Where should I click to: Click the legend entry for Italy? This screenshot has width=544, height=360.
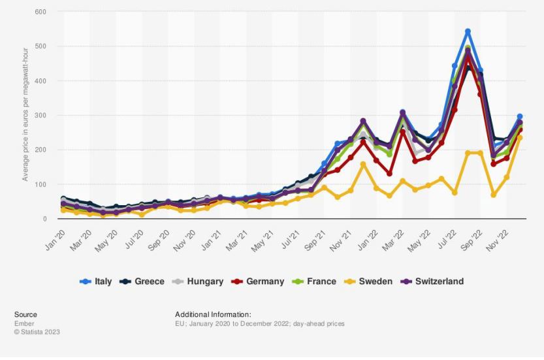(x=95, y=282)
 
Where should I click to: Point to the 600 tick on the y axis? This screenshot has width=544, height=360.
(x=40, y=12)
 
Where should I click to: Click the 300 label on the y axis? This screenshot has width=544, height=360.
(x=40, y=116)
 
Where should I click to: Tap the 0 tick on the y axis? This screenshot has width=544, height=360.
(x=44, y=219)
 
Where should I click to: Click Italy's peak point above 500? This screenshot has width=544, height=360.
(x=468, y=31)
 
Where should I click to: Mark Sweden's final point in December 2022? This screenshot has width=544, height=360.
(x=520, y=138)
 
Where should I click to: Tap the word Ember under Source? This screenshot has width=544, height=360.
(x=24, y=323)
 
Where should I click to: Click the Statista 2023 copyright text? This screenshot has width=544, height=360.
(x=37, y=332)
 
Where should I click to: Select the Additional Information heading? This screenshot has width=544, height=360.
(x=213, y=314)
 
